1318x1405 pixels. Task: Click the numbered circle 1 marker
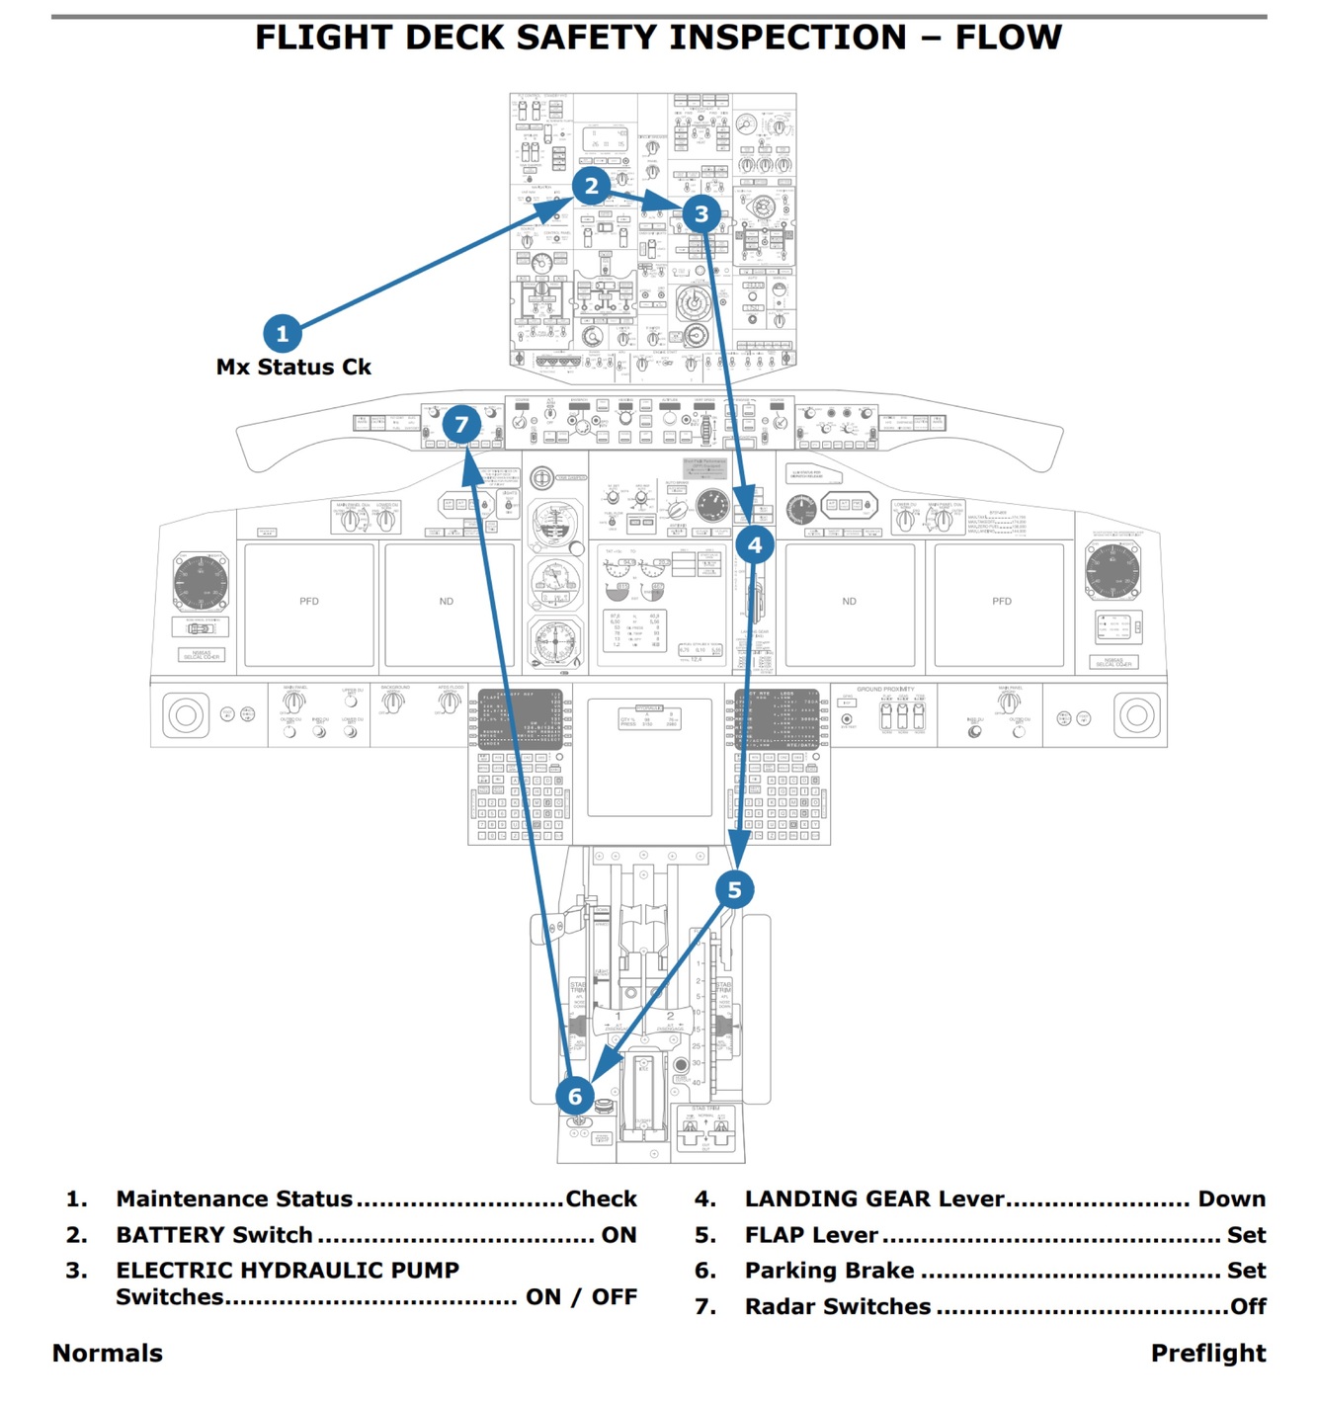coord(282,334)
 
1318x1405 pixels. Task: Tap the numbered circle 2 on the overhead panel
coord(591,186)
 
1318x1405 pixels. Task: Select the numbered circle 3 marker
coord(701,214)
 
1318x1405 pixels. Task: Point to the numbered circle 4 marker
coord(755,544)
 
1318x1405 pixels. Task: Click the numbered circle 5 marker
coord(734,890)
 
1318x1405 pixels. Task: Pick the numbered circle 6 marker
coord(575,1096)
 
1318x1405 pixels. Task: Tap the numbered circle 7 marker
coord(461,425)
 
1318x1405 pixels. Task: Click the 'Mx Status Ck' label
coord(293,368)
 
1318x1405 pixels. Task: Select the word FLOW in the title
coord(1008,38)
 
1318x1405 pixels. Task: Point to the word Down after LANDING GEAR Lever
coord(1231,1199)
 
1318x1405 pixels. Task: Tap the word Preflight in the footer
coord(1207,1354)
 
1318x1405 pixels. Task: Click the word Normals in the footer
coord(108,1354)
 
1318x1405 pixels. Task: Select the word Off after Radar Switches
coord(1248,1307)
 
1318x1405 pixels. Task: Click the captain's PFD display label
coord(309,602)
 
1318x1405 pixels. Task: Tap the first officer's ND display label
coord(849,602)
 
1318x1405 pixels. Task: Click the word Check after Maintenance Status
coord(601,1199)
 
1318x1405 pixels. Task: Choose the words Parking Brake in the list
coord(829,1271)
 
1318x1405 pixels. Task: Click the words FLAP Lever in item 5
coord(811,1235)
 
